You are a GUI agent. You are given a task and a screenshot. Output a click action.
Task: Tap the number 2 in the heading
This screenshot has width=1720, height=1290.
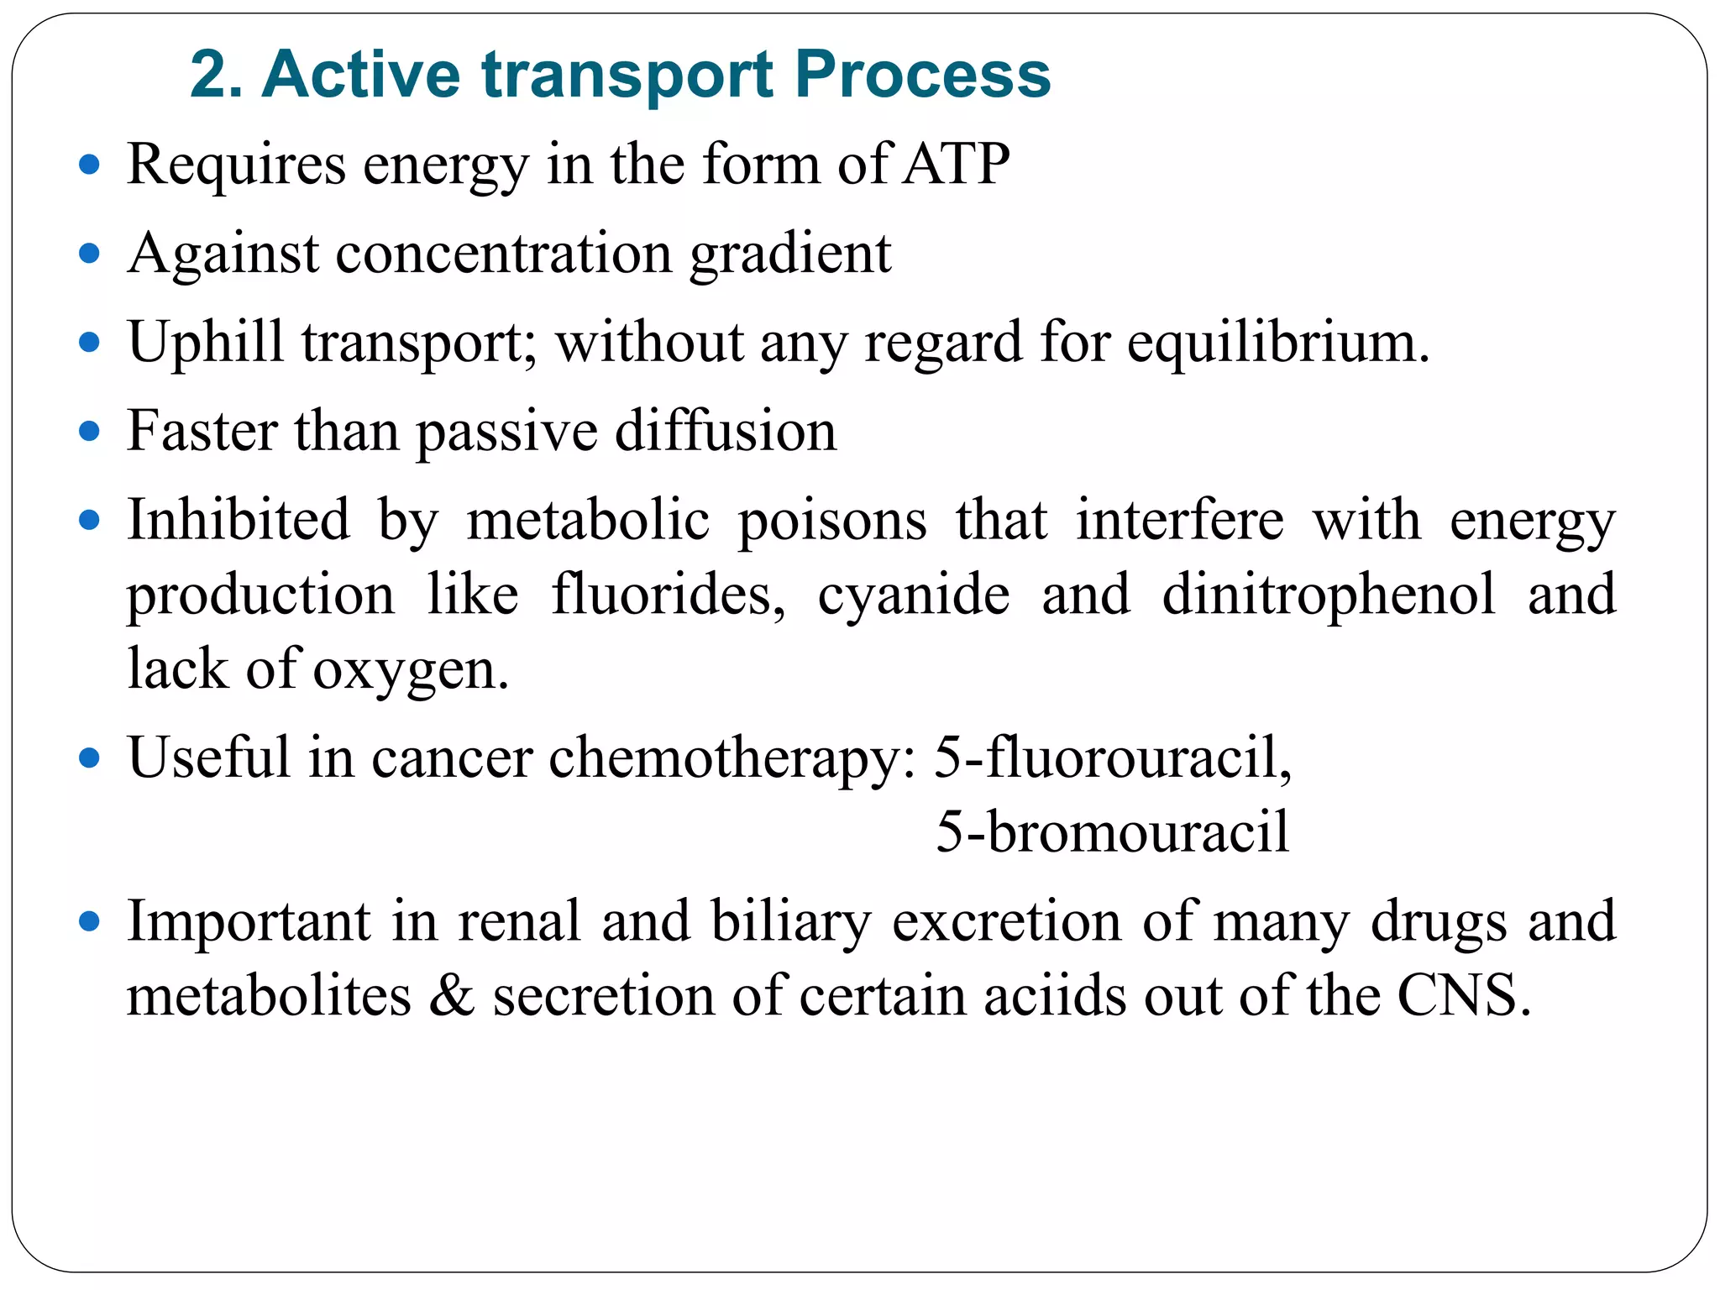[x=207, y=76]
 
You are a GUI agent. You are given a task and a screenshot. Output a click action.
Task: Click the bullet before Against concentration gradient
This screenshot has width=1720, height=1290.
[x=89, y=253]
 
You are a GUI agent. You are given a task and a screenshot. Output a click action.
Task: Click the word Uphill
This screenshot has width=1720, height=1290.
[x=206, y=343]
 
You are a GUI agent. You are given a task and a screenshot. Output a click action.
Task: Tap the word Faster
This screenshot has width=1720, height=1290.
[x=202, y=431]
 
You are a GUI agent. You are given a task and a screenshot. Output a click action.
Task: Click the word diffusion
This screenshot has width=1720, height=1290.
[x=726, y=431]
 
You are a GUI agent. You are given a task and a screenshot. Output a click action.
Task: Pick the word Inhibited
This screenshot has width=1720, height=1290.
[x=239, y=520]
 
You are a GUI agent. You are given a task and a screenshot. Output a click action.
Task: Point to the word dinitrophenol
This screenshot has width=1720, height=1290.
[x=1329, y=595]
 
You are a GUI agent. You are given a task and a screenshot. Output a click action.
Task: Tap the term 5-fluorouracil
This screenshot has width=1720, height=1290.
[x=1113, y=758]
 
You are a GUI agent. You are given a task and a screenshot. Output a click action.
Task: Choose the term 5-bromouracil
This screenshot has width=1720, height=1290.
[x=1112, y=832]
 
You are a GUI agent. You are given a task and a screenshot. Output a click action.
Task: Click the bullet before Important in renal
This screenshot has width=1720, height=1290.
[x=89, y=922]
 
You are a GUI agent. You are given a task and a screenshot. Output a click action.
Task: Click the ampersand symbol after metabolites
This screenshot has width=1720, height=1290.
[x=452, y=996]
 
